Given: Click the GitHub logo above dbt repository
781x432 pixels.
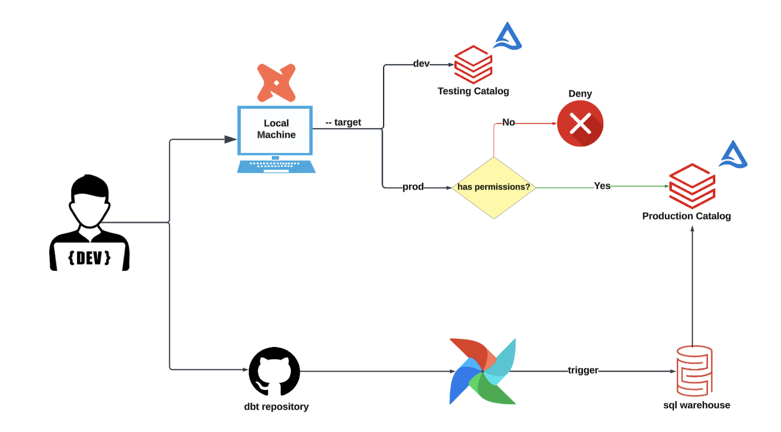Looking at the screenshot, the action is pyautogui.click(x=274, y=371).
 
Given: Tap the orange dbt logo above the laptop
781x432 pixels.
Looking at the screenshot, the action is pyautogui.click(x=276, y=83).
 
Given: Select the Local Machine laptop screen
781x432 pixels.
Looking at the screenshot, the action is pyautogui.click(x=275, y=130).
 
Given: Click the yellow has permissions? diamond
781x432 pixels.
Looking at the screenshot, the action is pyautogui.click(x=493, y=188).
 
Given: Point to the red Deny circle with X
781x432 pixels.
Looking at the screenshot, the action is pyautogui.click(x=580, y=124).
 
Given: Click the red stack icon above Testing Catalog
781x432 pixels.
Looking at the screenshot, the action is pyautogui.click(x=473, y=65).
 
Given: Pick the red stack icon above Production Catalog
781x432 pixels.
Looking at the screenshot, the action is pyautogui.click(x=692, y=186).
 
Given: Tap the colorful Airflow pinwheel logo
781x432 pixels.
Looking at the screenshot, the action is pyautogui.click(x=483, y=371).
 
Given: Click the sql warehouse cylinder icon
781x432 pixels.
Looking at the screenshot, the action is pyautogui.click(x=694, y=371).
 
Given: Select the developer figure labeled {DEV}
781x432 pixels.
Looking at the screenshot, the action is pyautogui.click(x=89, y=223).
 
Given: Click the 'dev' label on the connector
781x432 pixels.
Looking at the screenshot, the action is pyautogui.click(x=421, y=64).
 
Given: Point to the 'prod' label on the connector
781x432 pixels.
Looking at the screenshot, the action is pyautogui.click(x=413, y=187).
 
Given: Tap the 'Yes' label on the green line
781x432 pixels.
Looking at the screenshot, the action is pyautogui.click(x=602, y=186).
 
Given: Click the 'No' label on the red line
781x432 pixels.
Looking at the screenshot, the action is pyautogui.click(x=508, y=122).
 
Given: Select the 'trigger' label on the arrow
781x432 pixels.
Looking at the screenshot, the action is pyautogui.click(x=583, y=370).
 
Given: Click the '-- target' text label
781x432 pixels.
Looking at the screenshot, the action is pyautogui.click(x=343, y=122).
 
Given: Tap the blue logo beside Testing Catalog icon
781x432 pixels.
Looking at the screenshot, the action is pyautogui.click(x=507, y=36).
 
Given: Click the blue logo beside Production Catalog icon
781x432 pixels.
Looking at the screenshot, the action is pyautogui.click(x=733, y=154).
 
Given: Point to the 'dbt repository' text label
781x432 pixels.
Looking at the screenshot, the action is pyautogui.click(x=276, y=407).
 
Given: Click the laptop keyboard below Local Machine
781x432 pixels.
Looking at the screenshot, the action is pyautogui.click(x=276, y=167).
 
